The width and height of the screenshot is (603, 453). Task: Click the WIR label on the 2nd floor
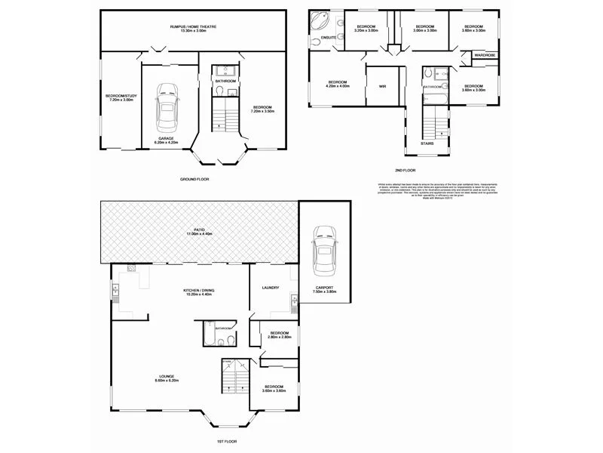[382, 87]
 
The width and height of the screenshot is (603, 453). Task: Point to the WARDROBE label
[485, 56]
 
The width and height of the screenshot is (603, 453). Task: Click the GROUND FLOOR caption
[194, 179]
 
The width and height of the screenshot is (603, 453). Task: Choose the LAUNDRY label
[271, 288]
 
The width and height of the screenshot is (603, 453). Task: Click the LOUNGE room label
[167, 377]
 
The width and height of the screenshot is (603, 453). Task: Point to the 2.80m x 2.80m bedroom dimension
[279, 337]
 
